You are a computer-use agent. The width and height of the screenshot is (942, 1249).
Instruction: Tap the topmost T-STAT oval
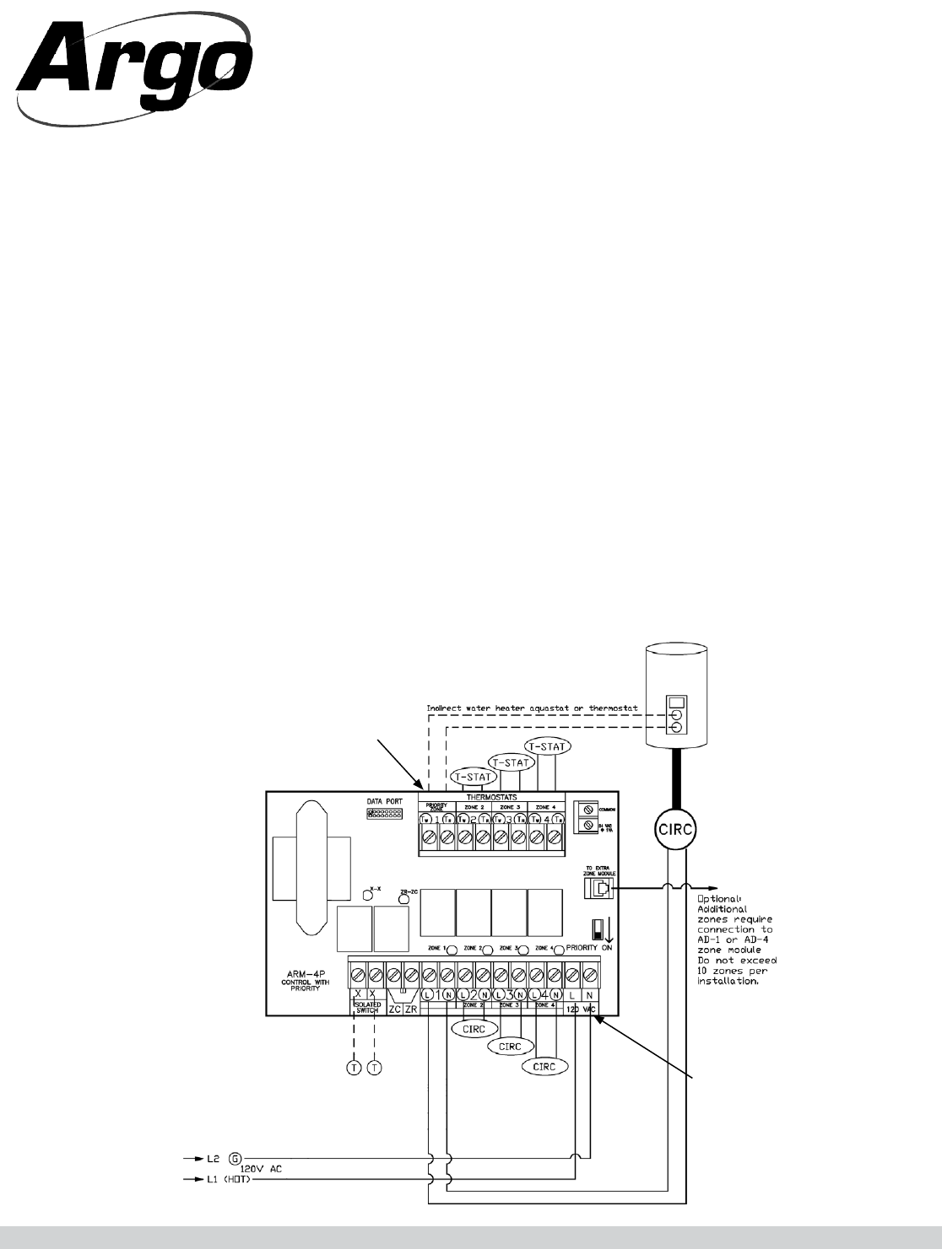coord(547,746)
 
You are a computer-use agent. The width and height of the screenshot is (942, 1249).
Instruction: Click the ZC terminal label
coord(393,1009)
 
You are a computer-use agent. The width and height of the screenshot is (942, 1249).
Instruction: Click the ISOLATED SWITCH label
coord(365,1009)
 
